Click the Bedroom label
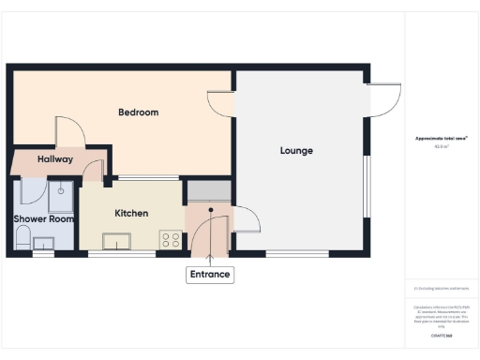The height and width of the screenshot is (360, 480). (138, 112)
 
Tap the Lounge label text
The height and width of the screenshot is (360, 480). (296, 151)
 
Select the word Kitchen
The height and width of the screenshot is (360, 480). (131, 214)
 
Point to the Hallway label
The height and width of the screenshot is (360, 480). (55, 160)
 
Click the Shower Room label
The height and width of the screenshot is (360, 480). (43, 219)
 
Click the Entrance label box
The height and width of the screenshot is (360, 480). (209, 275)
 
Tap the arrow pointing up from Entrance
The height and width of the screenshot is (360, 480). (209, 251)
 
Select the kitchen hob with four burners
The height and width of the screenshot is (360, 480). (171, 239)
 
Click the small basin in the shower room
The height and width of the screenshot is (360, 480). (42, 243)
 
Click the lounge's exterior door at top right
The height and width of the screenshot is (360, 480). (382, 99)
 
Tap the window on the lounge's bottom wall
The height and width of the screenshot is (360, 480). (296, 253)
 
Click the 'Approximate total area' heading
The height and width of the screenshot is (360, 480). (442, 139)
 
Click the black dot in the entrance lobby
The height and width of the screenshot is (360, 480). (211, 209)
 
